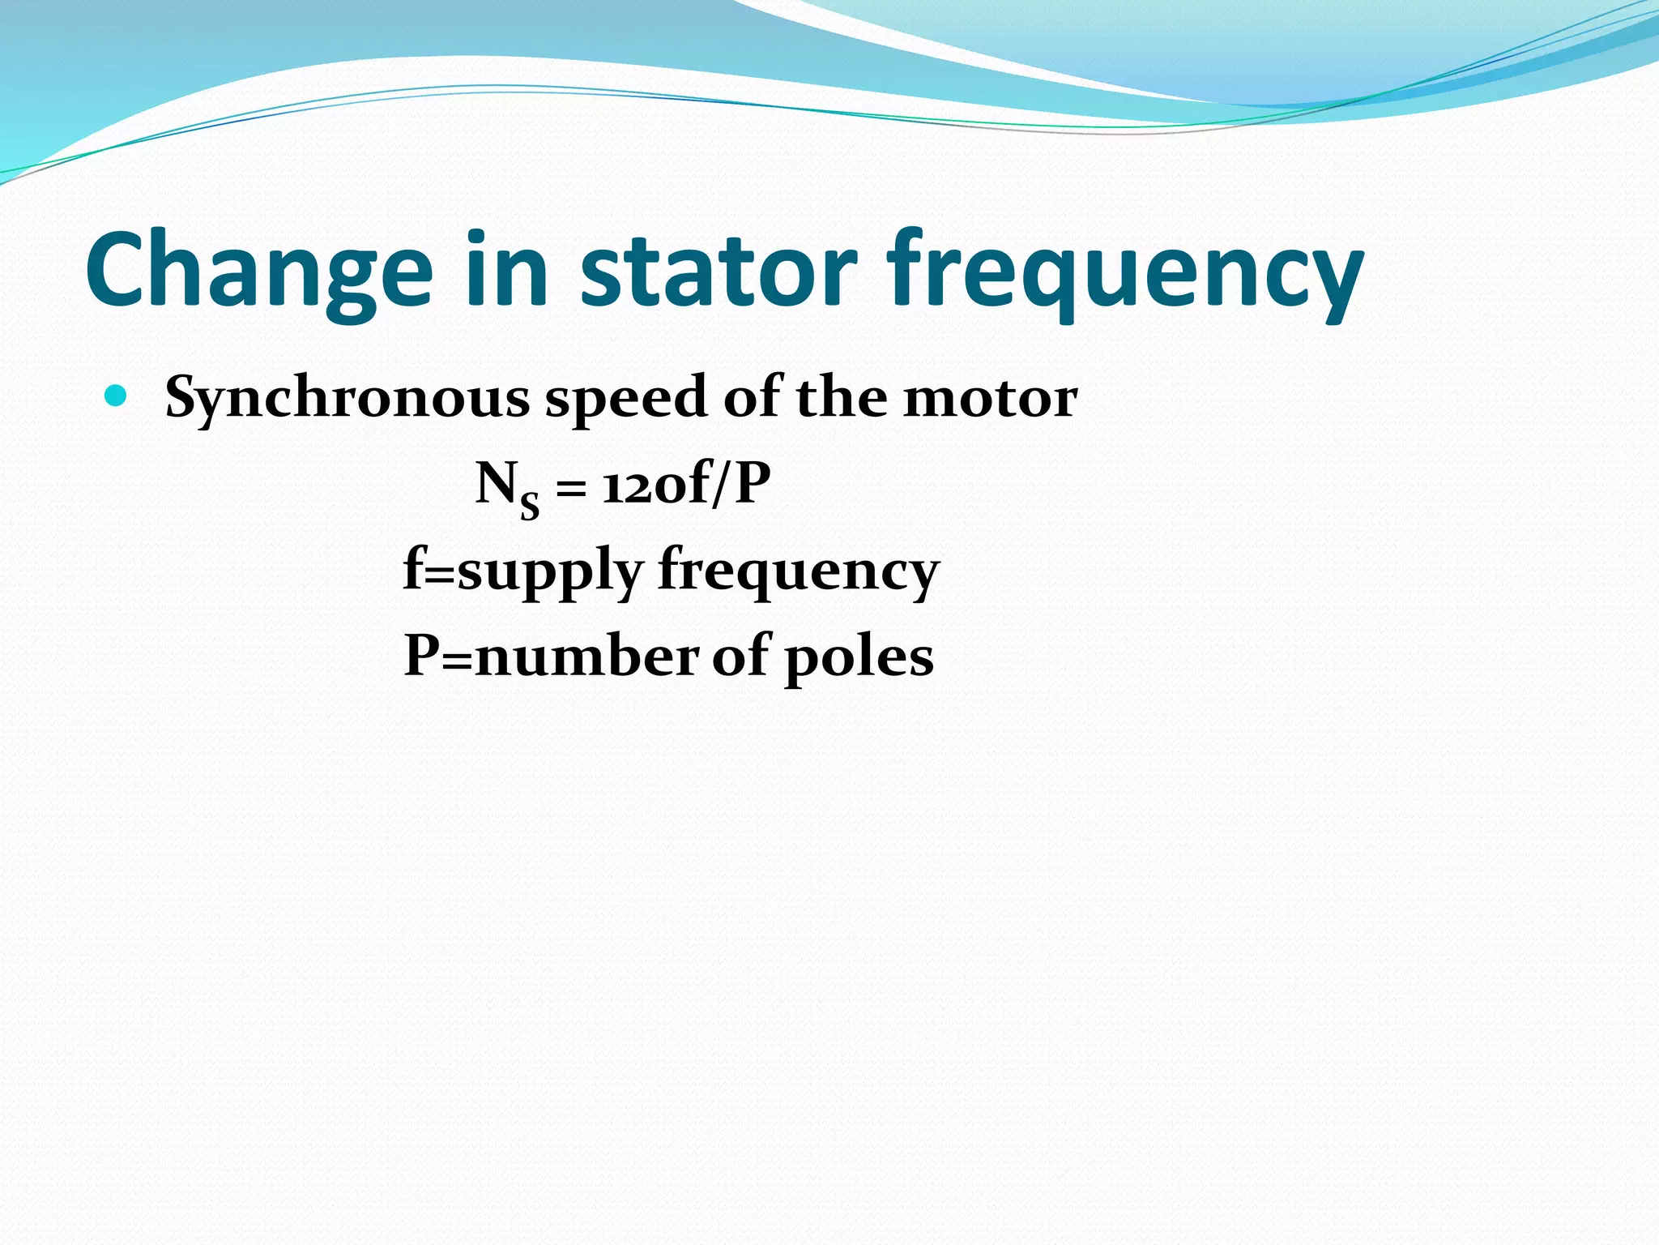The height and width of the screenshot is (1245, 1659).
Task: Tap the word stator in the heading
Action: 718,270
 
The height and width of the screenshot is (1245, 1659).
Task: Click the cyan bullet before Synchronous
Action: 117,396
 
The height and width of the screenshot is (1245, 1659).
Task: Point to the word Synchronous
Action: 348,399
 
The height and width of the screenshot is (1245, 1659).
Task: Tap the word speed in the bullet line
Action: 626,399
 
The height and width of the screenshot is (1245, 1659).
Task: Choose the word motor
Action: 990,399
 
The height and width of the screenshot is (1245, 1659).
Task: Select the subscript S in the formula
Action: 529,507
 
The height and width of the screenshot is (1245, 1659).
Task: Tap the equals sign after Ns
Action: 570,489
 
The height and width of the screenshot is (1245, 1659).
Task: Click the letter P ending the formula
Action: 751,484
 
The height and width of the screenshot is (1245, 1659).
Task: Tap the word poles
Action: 859,658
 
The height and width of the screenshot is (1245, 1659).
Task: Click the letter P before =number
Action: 422,655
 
